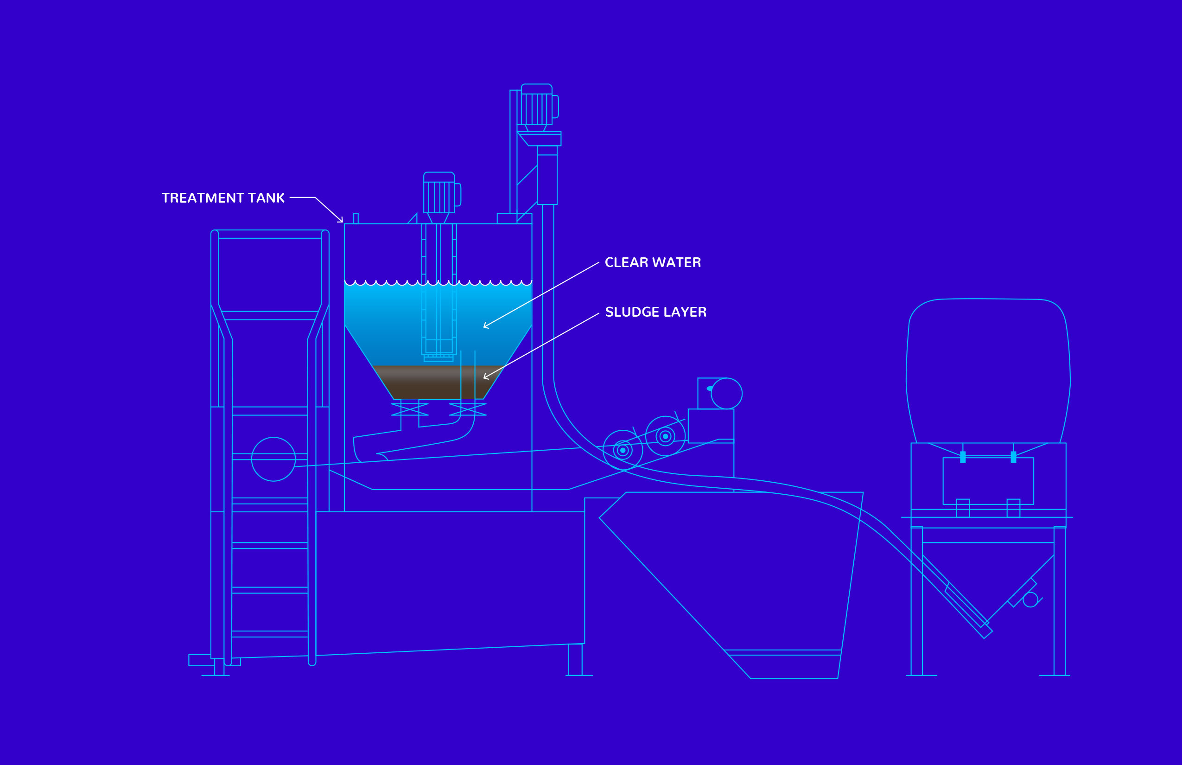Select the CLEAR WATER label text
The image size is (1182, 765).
[653, 262]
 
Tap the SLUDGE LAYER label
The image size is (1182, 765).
[655, 312]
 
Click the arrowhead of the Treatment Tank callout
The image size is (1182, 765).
[341, 220]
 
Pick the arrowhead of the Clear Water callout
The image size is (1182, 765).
[486, 326]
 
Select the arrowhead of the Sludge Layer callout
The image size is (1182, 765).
[486, 377]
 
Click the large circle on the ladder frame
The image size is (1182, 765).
[273, 459]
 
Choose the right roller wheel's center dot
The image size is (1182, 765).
[665, 437]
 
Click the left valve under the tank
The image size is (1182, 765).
[410, 409]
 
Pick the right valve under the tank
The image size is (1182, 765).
[467, 409]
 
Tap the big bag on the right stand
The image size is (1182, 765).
[988, 370]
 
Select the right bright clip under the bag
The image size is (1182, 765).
[1013, 457]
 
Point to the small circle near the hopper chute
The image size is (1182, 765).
[1030, 599]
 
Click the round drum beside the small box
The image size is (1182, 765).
[727, 394]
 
